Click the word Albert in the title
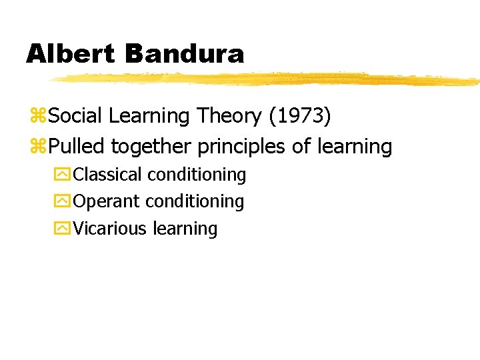pos(71,54)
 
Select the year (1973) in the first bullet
pos(299,117)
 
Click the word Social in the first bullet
pos(75,117)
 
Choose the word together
pos(151,147)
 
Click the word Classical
pos(108,175)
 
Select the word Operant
pos(107,201)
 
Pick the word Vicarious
pos(110,229)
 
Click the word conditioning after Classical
pos(197,175)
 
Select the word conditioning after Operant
pos(195,201)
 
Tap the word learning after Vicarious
pos(185,229)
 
